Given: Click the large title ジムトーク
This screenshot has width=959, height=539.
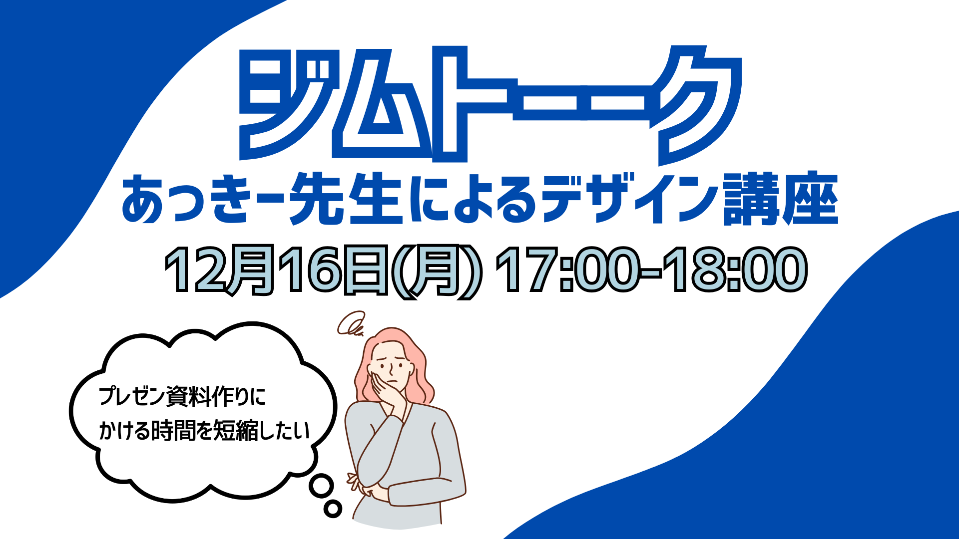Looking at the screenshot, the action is coord(489,105).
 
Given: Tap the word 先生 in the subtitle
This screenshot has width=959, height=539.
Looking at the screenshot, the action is coord(346,198).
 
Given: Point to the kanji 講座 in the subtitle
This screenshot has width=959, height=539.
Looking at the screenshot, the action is coord(781,198).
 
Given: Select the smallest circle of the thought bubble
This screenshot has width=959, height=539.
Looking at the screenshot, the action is coord(333,509).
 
